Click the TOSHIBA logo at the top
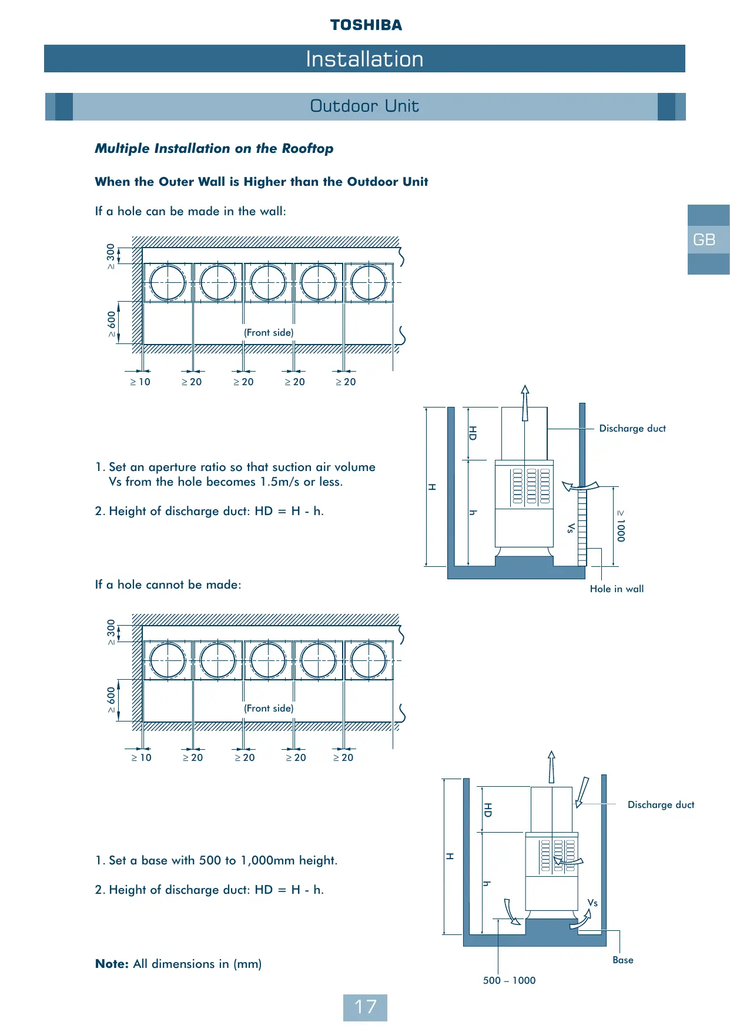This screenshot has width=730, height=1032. click(x=366, y=25)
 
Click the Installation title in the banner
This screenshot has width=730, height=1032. click(x=364, y=59)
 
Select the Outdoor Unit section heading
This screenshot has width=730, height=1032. click(x=364, y=106)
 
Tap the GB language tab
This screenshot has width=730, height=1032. click(x=704, y=240)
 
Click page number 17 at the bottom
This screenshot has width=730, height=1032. click(x=365, y=1007)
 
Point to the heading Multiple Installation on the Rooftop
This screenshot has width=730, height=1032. click(x=214, y=149)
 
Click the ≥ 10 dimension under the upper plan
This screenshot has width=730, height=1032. click(x=140, y=382)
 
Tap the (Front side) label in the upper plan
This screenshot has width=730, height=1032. click(x=269, y=333)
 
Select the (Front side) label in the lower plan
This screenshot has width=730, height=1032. click(x=269, y=709)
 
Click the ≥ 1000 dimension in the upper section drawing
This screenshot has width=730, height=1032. click(x=621, y=526)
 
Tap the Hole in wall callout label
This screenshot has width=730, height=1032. click(x=617, y=589)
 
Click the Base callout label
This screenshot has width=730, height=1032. click(x=623, y=960)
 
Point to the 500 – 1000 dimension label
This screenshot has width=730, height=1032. click(x=509, y=981)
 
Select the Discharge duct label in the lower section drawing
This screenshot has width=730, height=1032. click(x=661, y=805)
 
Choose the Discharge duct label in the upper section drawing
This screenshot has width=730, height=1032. click(x=632, y=429)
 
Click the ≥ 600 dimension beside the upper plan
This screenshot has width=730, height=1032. click(x=112, y=324)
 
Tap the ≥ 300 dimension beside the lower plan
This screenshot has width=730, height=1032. click(x=112, y=632)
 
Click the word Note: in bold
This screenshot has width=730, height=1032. click(x=112, y=964)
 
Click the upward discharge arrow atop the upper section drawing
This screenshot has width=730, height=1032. click(x=525, y=402)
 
